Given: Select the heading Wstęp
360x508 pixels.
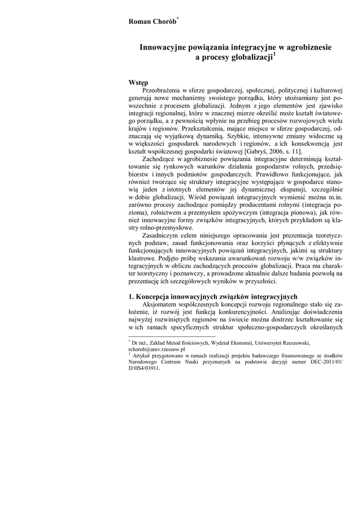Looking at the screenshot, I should (138, 82).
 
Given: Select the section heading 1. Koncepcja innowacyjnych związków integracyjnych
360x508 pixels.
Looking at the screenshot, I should (213, 296).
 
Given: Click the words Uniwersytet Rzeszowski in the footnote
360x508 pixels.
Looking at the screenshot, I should (283, 343).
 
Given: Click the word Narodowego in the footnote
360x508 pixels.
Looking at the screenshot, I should (145, 362).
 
